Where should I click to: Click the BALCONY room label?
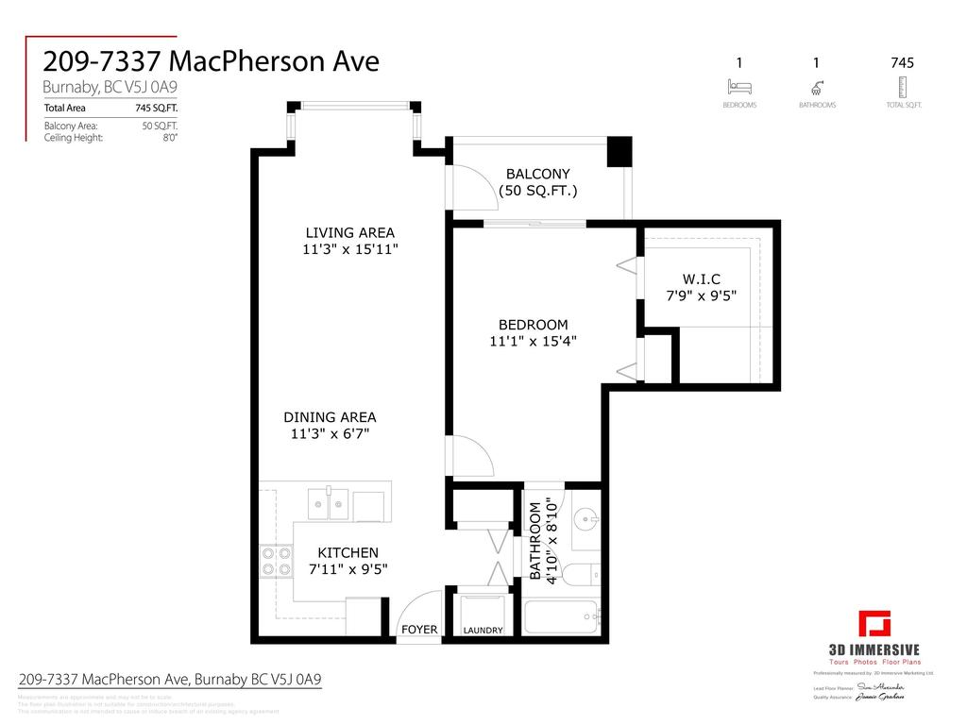point(537,174)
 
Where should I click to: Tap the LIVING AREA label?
point(349,232)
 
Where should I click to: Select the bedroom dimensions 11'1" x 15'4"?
point(534,342)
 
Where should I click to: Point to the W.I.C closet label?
point(701,278)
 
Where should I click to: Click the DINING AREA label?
point(330,417)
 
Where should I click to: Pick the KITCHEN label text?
point(348,553)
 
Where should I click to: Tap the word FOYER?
point(419,630)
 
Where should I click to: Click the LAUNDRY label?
point(483,631)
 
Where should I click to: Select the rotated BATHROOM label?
point(535,541)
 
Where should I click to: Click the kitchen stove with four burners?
point(276,562)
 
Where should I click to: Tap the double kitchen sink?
point(331,502)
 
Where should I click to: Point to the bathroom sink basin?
point(586,519)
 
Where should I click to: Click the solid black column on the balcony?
point(619,152)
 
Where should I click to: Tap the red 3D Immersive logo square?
point(874,625)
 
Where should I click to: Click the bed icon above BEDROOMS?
point(738,88)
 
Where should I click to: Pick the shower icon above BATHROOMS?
point(816,88)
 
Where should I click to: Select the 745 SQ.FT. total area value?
point(158,109)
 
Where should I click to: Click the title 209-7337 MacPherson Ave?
point(212,61)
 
